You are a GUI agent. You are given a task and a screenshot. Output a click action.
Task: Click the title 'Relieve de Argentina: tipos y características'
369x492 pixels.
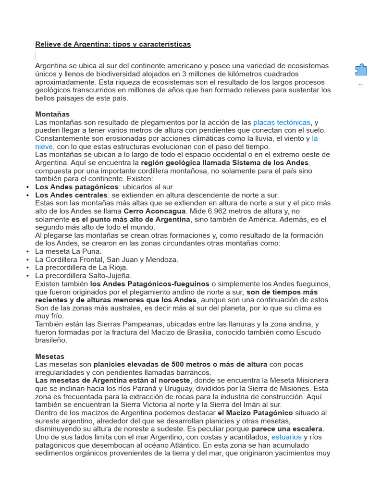coord(113,44)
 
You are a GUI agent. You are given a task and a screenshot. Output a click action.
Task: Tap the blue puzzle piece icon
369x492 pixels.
coord(361,70)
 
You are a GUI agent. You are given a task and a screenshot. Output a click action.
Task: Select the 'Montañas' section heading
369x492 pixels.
coord(52,114)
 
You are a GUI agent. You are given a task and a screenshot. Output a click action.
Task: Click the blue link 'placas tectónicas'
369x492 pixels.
coord(282,123)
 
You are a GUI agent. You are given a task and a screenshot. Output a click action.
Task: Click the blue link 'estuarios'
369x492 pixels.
coord(286,437)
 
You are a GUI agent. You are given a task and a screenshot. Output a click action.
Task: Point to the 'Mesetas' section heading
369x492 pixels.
coord(49,357)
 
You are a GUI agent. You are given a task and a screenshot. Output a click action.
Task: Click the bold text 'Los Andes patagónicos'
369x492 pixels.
coord(77,187)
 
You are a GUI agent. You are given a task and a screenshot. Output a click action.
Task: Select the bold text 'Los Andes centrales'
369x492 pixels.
coord(71,195)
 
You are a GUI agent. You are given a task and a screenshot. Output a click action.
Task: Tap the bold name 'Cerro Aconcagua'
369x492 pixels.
coord(154,211)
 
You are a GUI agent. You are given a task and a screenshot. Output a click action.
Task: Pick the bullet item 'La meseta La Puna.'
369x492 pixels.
coord(68,251)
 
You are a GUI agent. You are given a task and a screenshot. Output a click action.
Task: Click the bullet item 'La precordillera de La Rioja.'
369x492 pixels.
coord(81,268)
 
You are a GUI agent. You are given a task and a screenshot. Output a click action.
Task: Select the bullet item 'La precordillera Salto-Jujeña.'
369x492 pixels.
coord(83,276)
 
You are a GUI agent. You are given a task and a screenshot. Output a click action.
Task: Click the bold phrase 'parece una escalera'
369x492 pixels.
coord(287,429)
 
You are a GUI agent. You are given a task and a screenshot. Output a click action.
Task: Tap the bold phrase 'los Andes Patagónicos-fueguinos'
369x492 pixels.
coord(149,284)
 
